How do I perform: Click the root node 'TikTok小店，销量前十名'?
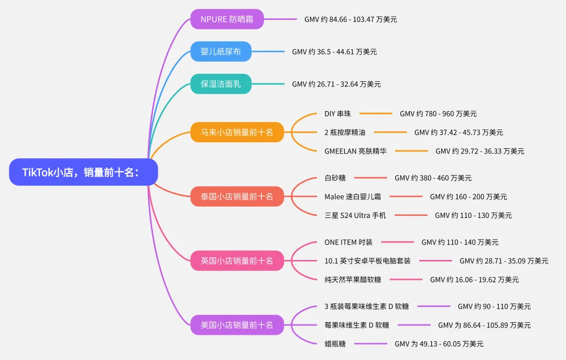[x=83, y=172]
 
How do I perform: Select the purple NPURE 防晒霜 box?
[x=227, y=19]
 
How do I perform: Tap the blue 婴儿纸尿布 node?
[x=221, y=52]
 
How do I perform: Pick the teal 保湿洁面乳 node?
[x=221, y=84]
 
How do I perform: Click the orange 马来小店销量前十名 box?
[x=237, y=132]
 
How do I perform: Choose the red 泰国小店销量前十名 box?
[x=237, y=197]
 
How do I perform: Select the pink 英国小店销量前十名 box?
[x=237, y=260]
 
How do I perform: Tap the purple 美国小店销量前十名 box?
[x=237, y=325]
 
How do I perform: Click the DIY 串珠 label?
[x=338, y=114]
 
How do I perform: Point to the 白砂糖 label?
[x=335, y=178]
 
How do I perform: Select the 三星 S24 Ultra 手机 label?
[x=355, y=215]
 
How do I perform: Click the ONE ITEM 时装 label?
[x=349, y=242]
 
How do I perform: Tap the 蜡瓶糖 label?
[x=335, y=344]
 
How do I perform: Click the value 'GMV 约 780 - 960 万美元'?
[x=438, y=114]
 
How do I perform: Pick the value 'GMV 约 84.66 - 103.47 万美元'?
[x=351, y=19]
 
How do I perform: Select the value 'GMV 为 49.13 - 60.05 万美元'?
[x=439, y=344]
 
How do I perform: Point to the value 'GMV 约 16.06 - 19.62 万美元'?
[x=474, y=280]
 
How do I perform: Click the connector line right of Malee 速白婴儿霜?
[x=406, y=197]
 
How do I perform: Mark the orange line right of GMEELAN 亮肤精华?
[x=411, y=151]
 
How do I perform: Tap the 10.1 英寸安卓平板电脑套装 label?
[x=367, y=260]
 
